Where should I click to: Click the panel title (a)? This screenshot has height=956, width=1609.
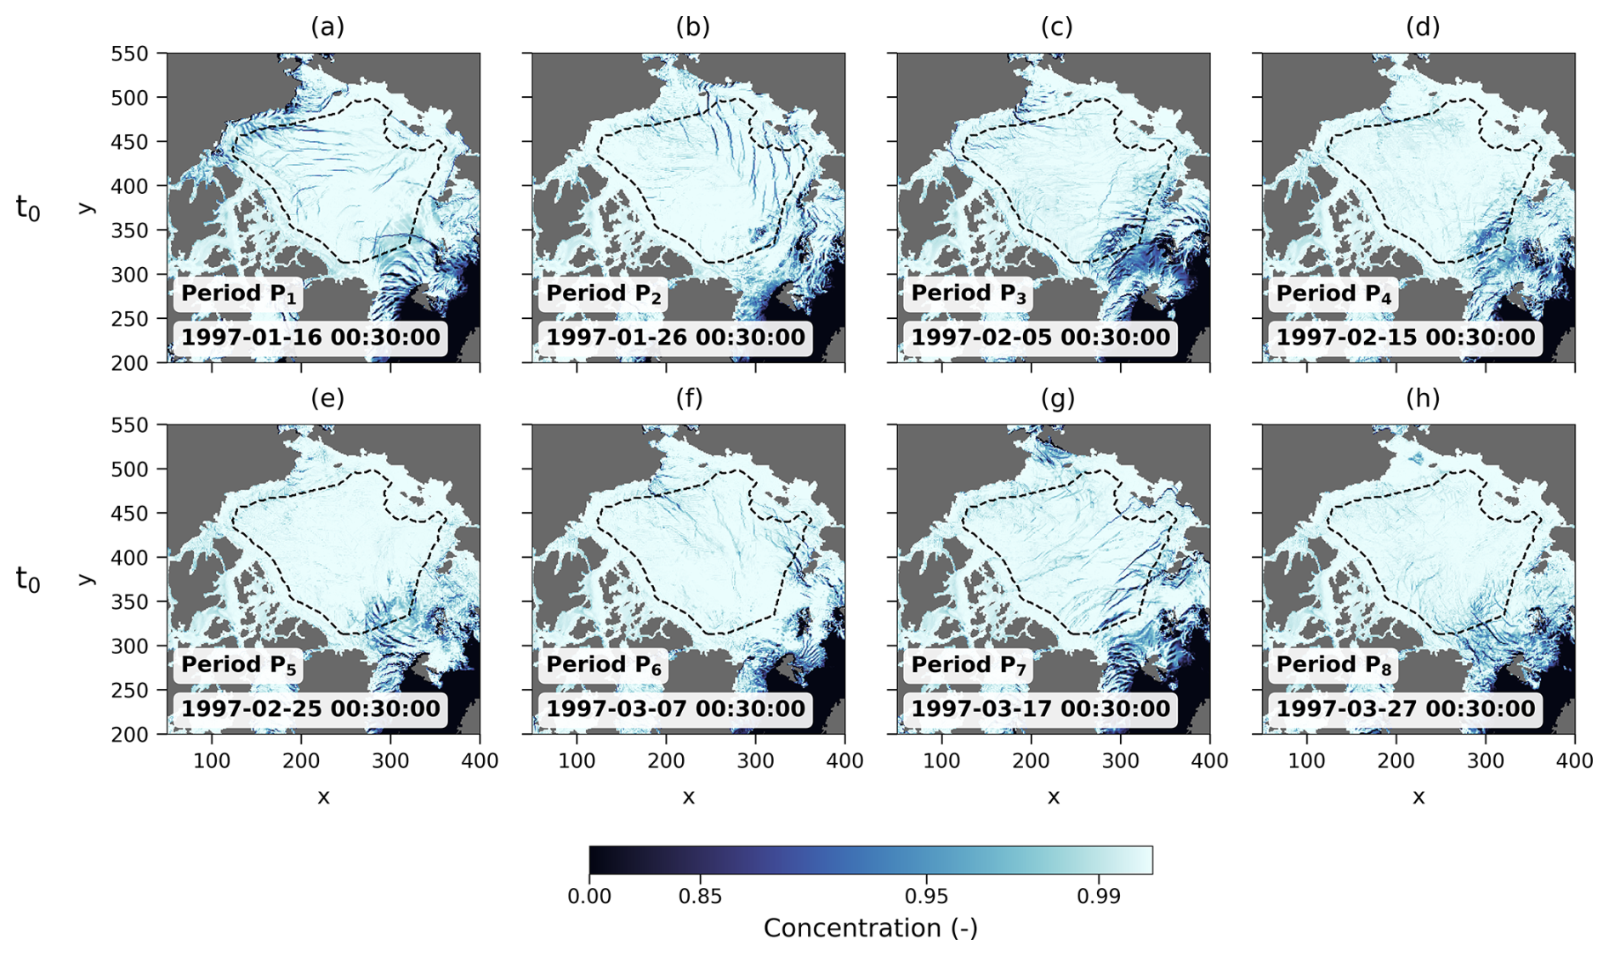pyautogui.click(x=327, y=27)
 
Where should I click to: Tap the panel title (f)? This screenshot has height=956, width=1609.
pyautogui.click(x=690, y=398)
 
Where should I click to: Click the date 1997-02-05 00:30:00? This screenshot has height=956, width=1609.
pyautogui.click(x=1041, y=338)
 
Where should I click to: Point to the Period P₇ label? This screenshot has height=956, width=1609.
pyautogui.click(x=969, y=666)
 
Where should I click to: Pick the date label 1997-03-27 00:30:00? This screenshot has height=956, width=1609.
pyautogui.click(x=1406, y=709)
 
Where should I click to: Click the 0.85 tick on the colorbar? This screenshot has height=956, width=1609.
pyautogui.click(x=700, y=896)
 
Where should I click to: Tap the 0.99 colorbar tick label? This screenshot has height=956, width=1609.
pyautogui.click(x=1099, y=896)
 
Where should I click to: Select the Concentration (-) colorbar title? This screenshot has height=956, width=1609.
pyautogui.click(x=871, y=928)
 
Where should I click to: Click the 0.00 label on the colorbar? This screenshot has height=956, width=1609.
pyautogui.click(x=589, y=896)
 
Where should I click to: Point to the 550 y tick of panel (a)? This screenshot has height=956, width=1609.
pyautogui.click(x=129, y=54)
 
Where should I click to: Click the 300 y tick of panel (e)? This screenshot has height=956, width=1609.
pyautogui.click(x=129, y=646)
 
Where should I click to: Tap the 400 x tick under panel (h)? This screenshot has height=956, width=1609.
pyautogui.click(x=1575, y=760)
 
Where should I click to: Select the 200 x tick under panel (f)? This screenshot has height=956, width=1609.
pyautogui.click(x=666, y=760)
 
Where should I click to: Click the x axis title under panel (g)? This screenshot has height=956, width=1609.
pyautogui.click(x=1054, y=797)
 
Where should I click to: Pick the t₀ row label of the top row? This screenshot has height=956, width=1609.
pyautogui.click(x=28, y=207)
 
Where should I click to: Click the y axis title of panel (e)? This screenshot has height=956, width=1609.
pyautogui.click(x=86, y=579)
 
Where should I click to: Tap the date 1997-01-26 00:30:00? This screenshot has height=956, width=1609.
pyautogui.click(x=675, y=338)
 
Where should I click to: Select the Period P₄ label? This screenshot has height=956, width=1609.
pyautogui.click(x=1333, y=294)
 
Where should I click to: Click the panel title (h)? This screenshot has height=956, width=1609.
pyautogui.click(x=1423, y=398)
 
